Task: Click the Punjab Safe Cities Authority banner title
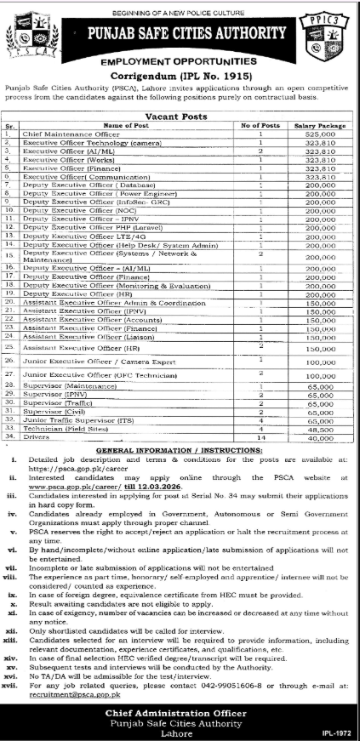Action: click(180, 34)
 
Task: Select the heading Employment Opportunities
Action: click(180, 63)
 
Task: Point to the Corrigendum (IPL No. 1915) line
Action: click(180, 75)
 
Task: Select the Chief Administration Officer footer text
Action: click(180, 709)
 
